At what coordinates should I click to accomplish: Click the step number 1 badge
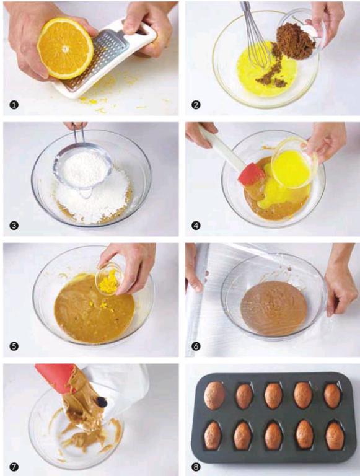[x=14, y=105]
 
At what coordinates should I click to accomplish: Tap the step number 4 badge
[x=196, y=226]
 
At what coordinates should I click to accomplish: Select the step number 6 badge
[x=196, y=346]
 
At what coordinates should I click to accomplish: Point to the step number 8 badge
[x=196, y=467]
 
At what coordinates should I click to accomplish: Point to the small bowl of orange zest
[x=110, y=278]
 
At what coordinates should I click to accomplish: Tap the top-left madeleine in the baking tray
[x=215, y=395]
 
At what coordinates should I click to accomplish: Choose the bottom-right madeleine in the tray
[x=335, y=436]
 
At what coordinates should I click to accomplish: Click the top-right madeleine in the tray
[x=332, y=395]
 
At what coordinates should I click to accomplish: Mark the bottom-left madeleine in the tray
[x=213, y=436]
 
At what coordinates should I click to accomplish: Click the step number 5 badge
[x=14, y=346]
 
